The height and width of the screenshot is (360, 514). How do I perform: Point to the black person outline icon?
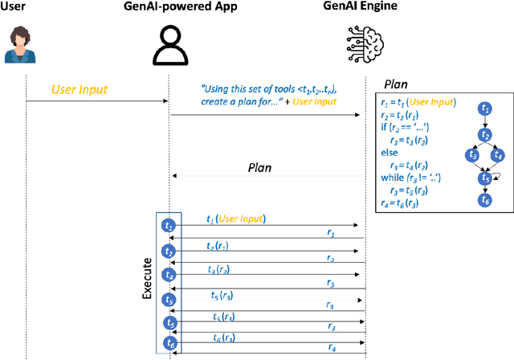click(169, 45)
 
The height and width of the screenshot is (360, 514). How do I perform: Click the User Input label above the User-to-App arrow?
click(80, 88)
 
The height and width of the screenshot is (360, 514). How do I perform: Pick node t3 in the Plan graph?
click(474, 153)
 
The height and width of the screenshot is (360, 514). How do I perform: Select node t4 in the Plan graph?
click(499, 153)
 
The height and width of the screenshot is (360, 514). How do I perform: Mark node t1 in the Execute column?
click(169, 226)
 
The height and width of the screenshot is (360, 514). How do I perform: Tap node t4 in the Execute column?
click(169, 275)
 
